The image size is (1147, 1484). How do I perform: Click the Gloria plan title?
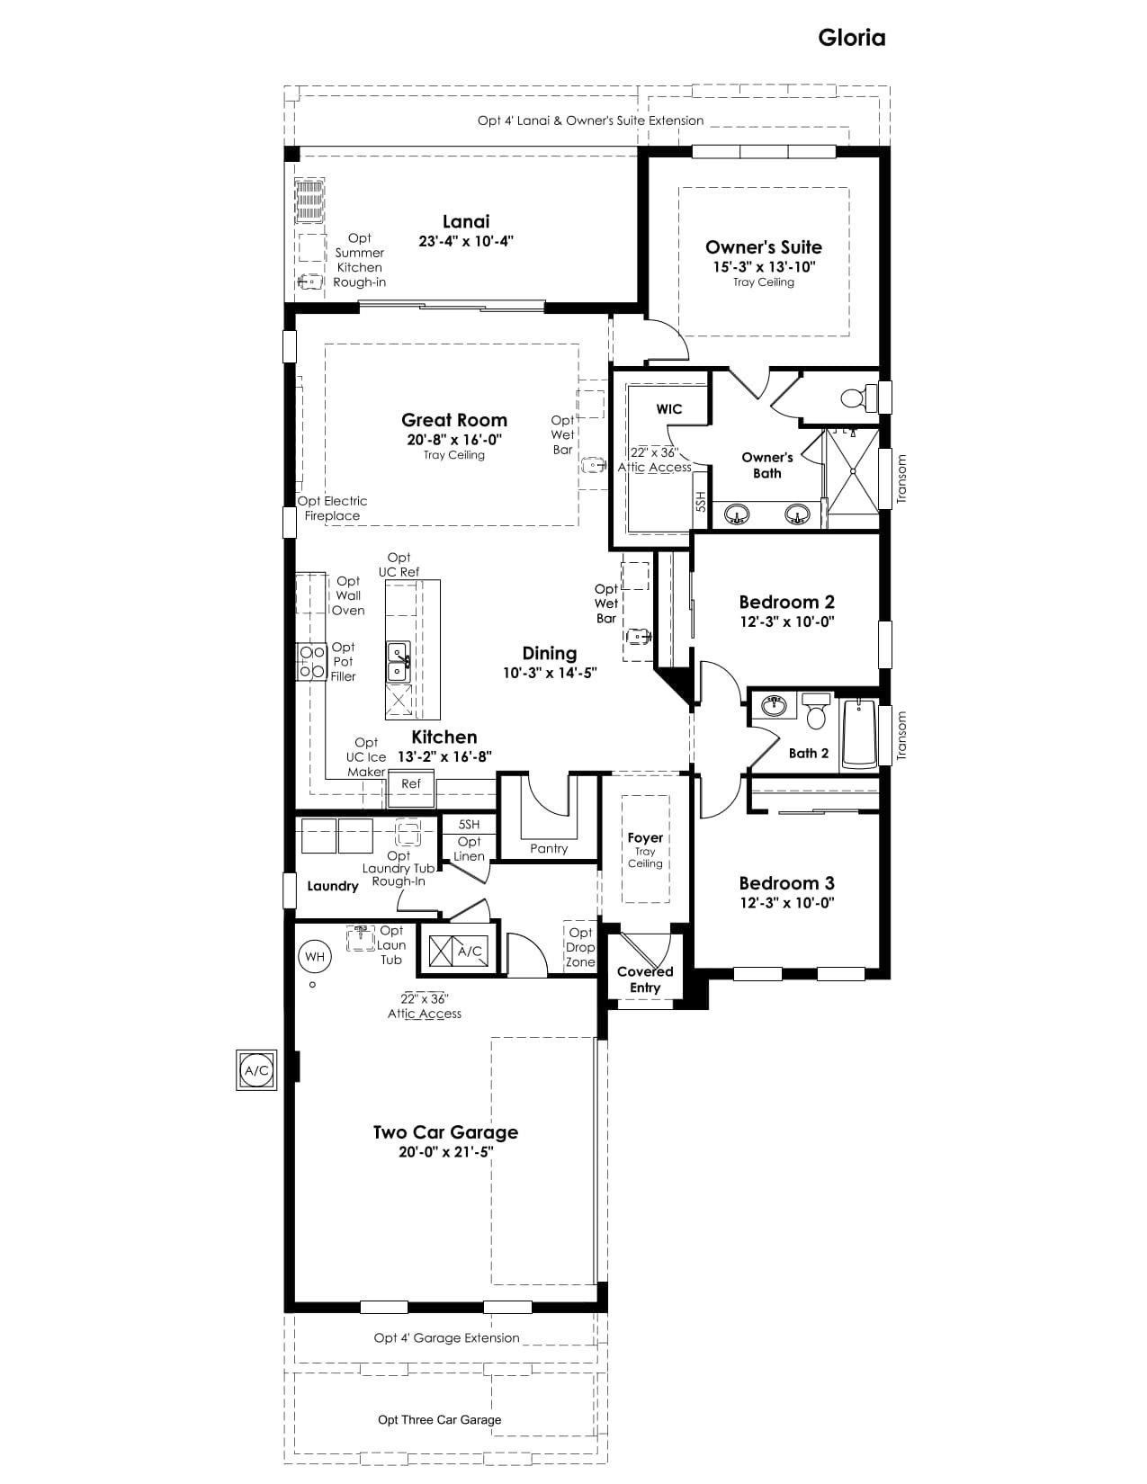pyautogui.click(x=851, y=38)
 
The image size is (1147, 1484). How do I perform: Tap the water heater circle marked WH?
pyautogui.click(x=315, y=957)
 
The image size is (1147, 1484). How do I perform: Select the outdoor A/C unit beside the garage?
pyautogui.click(x=257, y=1070)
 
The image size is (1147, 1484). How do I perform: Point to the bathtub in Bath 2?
pyautogui.click(x=859, y=733)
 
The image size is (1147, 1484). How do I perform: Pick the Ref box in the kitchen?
pyautogui.click(x=410, y=784)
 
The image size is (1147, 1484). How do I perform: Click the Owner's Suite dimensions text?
pyautogui.click(x=764, y=267)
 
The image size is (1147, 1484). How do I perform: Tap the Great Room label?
pyautogui.click(x=454, y=420)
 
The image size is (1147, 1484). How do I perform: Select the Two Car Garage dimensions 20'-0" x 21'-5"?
pyautogui.click(x=446, y=1152)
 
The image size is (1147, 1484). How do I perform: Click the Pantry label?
pyautogui.click(x=549, y=848)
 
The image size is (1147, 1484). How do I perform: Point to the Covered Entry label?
pyautogui.click(x=645, y=979)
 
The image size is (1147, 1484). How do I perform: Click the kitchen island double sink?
pyautogui.click(x=399, y=662)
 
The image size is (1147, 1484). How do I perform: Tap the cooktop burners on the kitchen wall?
pyautogui.click(x=311, y=662)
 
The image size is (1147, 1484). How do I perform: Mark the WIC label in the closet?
pyautogui.click(x=668, y=409)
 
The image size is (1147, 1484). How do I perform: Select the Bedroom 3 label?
pyautogui.click(x=787, y=883)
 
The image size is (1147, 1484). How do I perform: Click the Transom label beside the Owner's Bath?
pyautogui.click(x=901, y=479)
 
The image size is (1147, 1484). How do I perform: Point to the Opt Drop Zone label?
pyautogui.click(x=580, y=947)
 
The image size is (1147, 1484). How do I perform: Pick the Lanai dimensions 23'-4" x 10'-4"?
pyautogui.click(x=466, y=241)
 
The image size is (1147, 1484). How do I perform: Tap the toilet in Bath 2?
pyautogui.click(x=815, y=711)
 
